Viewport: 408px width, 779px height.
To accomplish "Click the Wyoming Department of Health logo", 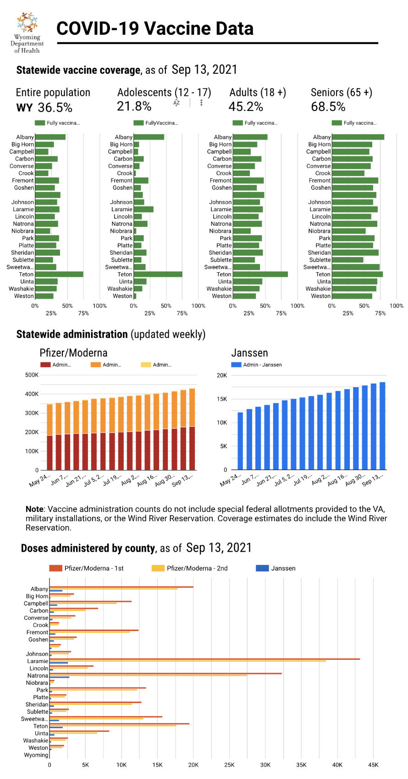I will pos(27,32).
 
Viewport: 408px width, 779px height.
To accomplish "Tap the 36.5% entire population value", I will pos(55,108).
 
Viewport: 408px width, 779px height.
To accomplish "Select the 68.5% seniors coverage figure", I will pos(328,107).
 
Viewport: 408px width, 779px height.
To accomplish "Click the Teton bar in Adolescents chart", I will pos(158,274).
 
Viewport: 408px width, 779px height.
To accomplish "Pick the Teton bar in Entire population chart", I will pos(59,274).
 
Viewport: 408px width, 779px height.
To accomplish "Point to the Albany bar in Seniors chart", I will pos(358,137).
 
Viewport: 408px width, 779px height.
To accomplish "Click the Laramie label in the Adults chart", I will pos(221,209).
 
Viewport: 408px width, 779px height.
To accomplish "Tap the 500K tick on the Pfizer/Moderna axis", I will pos(32,375).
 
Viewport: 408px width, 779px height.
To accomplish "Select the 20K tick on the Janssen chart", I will pos(222,375).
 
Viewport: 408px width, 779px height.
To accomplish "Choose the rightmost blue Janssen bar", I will pos(382,426).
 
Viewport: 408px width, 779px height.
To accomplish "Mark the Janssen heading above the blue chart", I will pos(249,353).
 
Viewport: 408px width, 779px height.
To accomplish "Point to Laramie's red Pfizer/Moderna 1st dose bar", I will pos(204,659).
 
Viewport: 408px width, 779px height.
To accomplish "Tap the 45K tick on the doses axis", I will pos(373,765).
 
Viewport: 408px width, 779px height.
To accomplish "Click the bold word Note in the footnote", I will pos(34,509).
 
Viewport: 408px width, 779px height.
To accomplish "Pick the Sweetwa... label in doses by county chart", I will pos(34,719).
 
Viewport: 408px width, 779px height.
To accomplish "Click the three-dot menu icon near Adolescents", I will pos(201,103).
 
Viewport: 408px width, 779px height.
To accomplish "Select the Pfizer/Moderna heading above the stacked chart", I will pos(73,353).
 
